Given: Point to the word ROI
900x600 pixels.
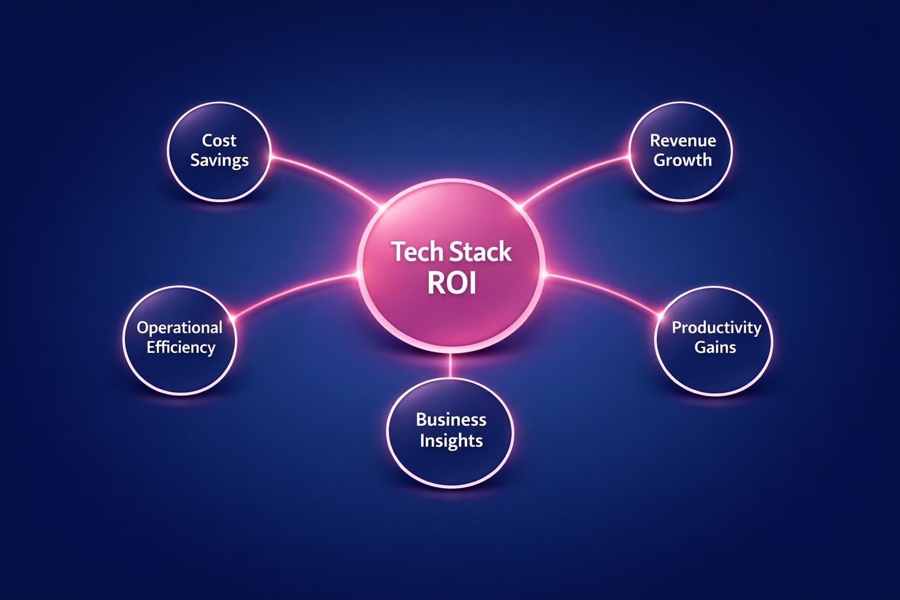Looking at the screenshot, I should [x=451, y=284].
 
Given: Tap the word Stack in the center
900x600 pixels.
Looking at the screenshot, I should [x=481, y=252].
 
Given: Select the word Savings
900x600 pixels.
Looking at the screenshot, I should [x=219, y=160].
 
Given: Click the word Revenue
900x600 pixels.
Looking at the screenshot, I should [x=683, y=140].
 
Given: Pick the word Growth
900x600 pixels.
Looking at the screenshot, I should [x=683, y=160].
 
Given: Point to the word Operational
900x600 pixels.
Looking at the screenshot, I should [x=180, y=327].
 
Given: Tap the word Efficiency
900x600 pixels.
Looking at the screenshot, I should [x=180, y=347].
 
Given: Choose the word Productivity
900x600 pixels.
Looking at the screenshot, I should [x=716, y=327].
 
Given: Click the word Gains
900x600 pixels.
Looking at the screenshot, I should [x=715, y=347].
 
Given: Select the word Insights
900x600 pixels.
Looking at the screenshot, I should [x=451, y=440].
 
